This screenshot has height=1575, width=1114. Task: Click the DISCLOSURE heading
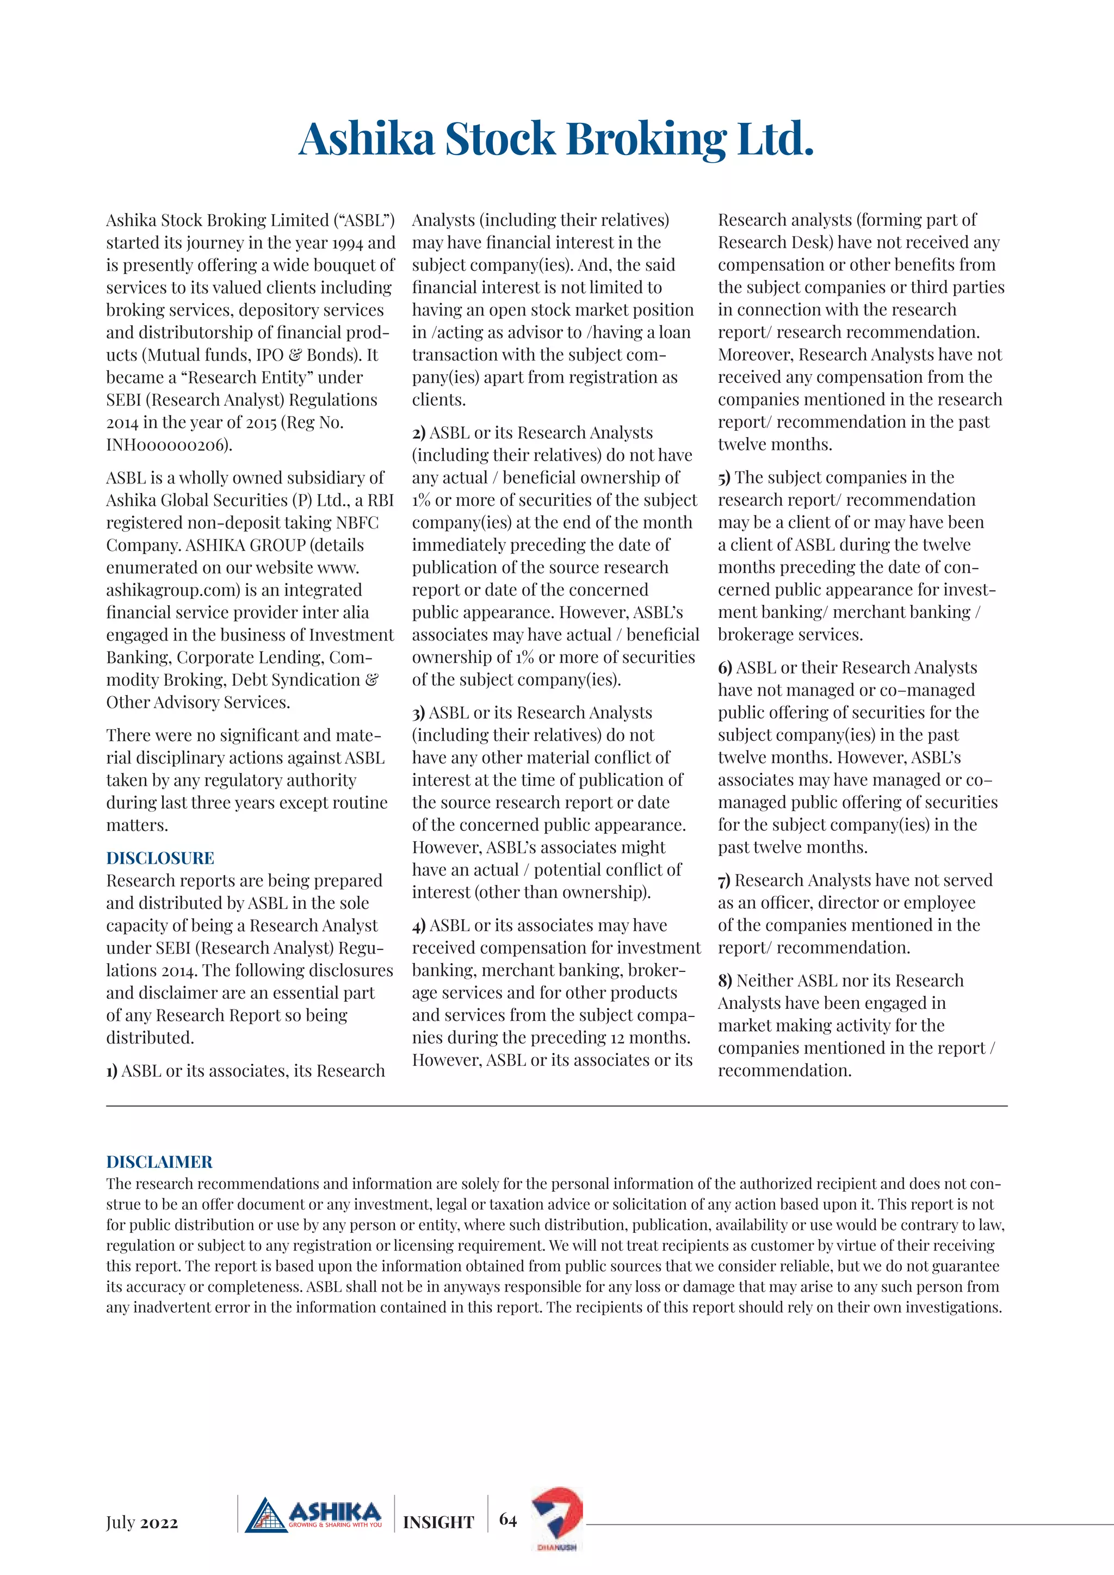pos(160,858)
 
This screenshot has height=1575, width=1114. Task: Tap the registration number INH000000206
pos(169,445)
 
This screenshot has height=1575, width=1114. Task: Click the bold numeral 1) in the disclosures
pos(112,1071)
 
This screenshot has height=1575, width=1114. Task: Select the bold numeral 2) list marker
pos(418,433)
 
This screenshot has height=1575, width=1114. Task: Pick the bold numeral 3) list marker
pos(418,714)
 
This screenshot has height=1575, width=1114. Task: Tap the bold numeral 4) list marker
pos(418,926)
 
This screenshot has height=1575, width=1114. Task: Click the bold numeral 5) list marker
pos(725,478)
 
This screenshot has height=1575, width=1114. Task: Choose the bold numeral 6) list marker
pos(725,668)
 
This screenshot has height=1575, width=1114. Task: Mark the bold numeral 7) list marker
pos(725,881)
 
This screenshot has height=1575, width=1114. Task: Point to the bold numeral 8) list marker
pos(725,981)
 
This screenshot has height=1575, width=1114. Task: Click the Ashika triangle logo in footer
pos(266,1517)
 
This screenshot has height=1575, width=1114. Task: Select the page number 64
pos(508,1520)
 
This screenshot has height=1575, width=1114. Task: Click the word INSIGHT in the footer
pos(438,1523)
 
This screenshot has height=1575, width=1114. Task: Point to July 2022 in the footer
pos(142,1523)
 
